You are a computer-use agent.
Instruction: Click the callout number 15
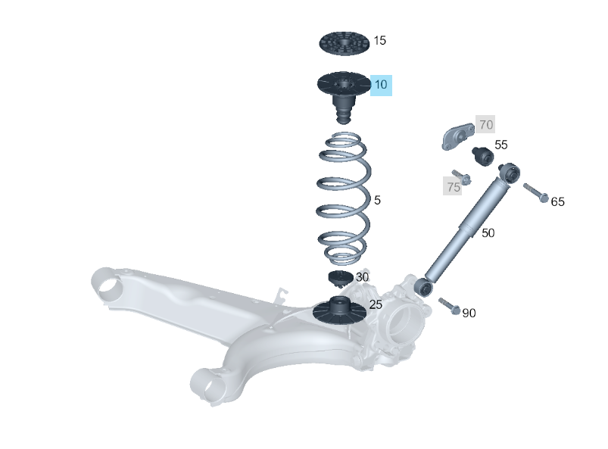379,40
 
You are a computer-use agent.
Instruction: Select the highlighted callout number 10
380,85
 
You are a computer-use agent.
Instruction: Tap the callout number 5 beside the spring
377,201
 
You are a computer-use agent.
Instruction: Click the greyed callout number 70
485,124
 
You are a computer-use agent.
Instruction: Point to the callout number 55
500,145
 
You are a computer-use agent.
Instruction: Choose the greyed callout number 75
453,187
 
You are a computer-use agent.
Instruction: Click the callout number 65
557,201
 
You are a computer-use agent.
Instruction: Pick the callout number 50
488,233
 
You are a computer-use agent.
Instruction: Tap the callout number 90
469,313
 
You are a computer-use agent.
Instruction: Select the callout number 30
362,277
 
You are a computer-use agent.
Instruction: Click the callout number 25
376,304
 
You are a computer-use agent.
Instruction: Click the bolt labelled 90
449,307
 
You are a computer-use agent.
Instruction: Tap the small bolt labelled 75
463,177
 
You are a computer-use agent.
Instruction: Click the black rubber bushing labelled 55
482,155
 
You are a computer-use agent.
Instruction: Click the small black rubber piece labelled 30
341,277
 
